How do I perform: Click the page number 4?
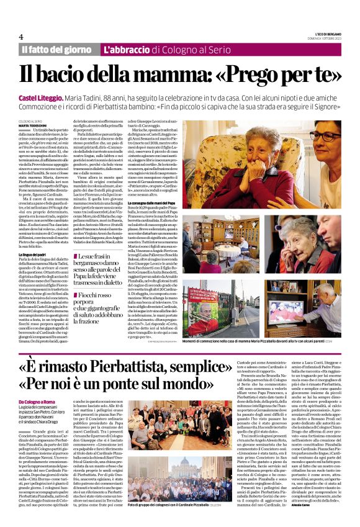click(21, 37)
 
